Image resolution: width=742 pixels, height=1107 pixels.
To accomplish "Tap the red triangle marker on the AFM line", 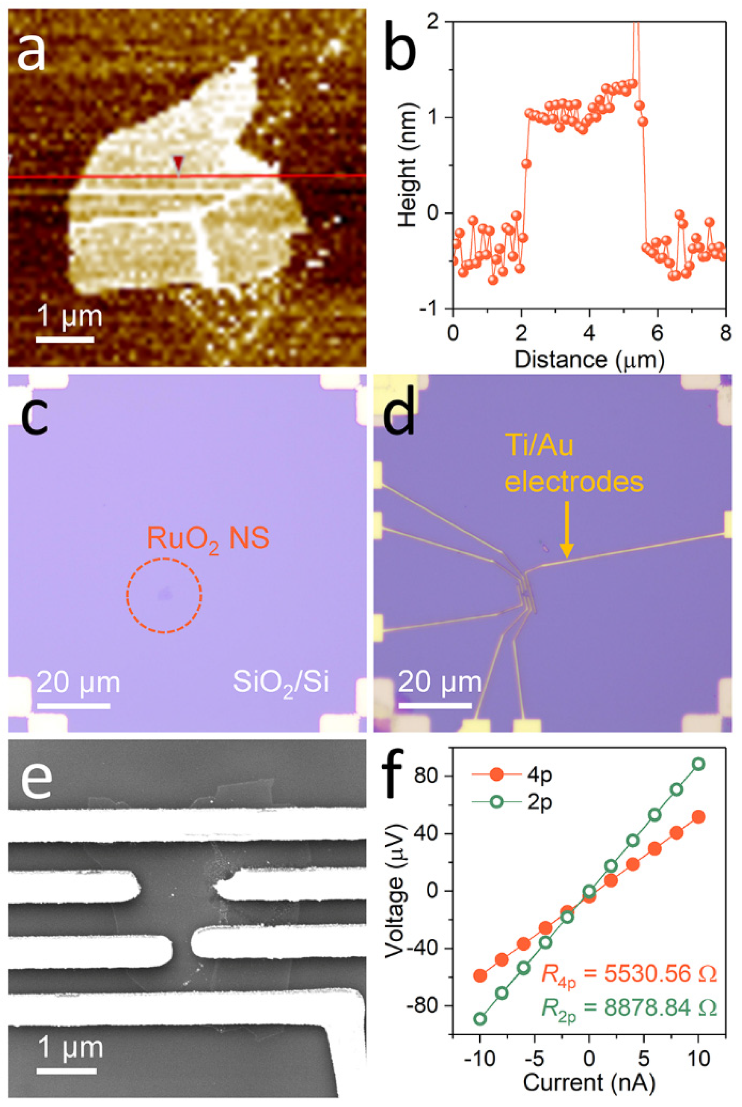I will point(178,164).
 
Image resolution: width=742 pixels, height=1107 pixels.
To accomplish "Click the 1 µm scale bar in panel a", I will point(65,339).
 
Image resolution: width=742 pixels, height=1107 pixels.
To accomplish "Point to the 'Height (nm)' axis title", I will point(406,166).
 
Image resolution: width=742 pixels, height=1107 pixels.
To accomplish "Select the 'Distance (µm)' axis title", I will point(589,360).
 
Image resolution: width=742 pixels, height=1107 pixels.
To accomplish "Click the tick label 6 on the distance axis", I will point(657,334).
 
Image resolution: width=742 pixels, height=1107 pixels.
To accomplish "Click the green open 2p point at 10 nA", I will point(698,764).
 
